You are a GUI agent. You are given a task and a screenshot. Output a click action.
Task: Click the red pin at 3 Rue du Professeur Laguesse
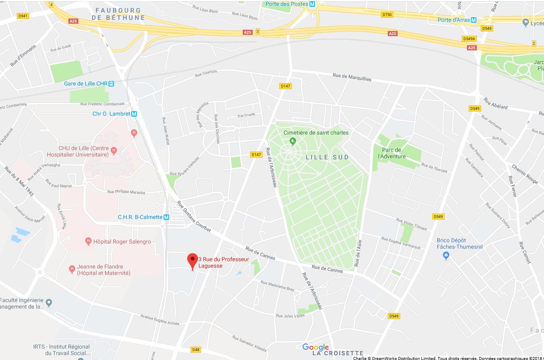pyautogui.click(x=192, y=260)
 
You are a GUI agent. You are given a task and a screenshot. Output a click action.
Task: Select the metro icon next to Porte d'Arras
pyautogui.click(x=473, y=20)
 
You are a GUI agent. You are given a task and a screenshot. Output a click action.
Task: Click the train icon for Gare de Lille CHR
pyautogui.click(x=111, y=84)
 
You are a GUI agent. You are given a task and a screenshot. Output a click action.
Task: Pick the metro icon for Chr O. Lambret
pyautogui.click(x=134, y=114)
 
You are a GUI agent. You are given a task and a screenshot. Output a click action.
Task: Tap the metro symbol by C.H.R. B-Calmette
pyautogui.click(x=167, y=217)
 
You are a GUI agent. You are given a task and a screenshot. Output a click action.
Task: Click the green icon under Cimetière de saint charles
pyautogui.click(x=293, y=140)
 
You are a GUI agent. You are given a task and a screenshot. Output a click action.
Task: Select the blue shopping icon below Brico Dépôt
pyautogui.click(x=446, y=256)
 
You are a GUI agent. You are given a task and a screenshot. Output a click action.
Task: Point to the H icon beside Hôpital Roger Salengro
pyautogui.click(x=89, y=242)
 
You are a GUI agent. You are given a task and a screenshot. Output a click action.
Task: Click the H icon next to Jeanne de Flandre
pyautogui.click(x=72, y=270)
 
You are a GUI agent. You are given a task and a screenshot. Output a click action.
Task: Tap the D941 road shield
pyautogui.click(x=23, y=16)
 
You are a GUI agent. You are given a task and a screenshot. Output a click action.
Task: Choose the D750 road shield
pyautogui.click(x=387, y=14)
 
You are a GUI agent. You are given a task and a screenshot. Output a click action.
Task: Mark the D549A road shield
pyautogui.click(x=469, y=38)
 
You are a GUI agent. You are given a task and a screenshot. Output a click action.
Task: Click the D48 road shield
pyautogui.click(x=196, y=349)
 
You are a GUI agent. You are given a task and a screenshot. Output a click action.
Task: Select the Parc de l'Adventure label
pyautogui.click(x=391, y=153)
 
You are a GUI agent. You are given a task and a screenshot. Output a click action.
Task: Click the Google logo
pyautogui.click(x=315, y=348)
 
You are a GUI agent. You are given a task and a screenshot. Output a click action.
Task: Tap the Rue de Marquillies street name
pyautogui.click(x=352, y=77)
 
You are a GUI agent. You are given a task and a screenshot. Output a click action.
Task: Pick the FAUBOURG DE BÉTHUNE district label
pyautogui.click(x=118, y=14)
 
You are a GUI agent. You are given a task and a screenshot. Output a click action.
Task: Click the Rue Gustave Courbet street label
pyautogui.click(x=195, y=218)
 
